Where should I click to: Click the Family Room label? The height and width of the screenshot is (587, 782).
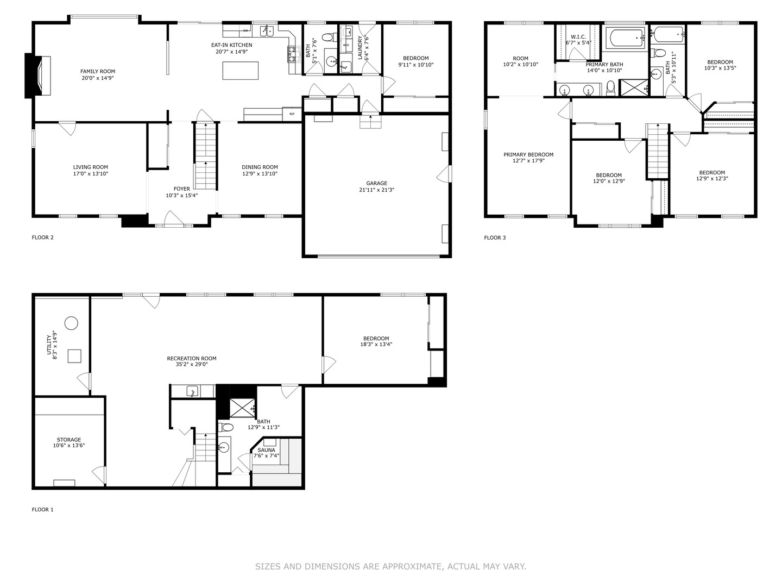(x=98, y=71)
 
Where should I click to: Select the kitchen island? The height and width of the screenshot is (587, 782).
(x=240, y=71)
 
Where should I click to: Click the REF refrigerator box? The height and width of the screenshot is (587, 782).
(x=292, y=114)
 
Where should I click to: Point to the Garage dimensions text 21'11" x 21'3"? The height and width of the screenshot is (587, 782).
(x=376, y=190)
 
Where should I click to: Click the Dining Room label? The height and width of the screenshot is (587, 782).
(x=260, y=167)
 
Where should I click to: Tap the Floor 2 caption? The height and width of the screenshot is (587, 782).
(x=43, y=238)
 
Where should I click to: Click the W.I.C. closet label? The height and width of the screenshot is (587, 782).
(x=578, y=37)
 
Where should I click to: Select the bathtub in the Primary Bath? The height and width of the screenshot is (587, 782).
(x=626, y=39)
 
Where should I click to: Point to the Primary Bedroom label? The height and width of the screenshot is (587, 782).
(x=528, y=154)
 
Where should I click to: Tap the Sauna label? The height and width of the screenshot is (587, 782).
(x=266, y=450)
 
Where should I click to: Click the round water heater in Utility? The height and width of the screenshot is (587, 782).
(x=71, y=323)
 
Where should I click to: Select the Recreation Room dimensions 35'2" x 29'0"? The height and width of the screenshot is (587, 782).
(x=191, y=364)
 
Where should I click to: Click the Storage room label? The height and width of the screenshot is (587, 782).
(x=69, y=440)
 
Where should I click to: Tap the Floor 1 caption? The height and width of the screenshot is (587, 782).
(x=43, y=510)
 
